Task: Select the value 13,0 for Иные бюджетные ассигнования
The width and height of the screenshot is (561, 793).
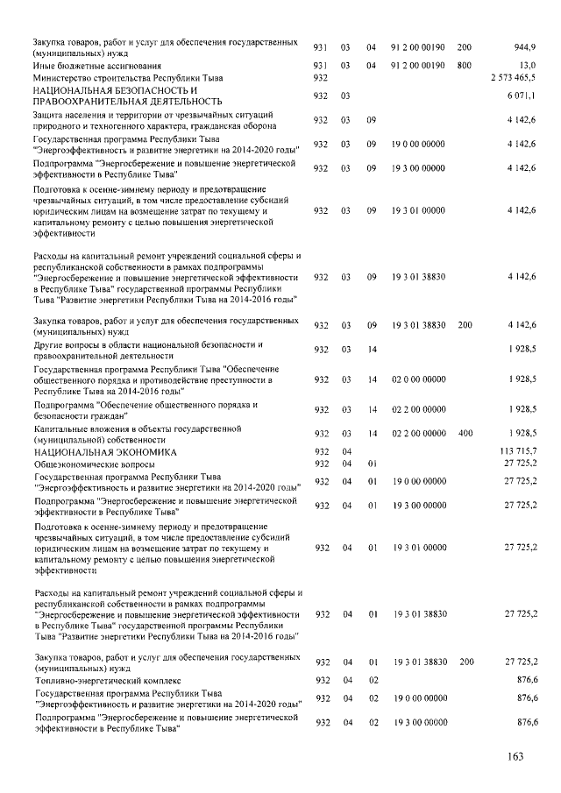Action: coord(528,65)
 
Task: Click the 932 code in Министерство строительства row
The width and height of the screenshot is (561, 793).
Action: coord(320,78)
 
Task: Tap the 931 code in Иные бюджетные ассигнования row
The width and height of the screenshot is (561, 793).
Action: coord(320,65)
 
